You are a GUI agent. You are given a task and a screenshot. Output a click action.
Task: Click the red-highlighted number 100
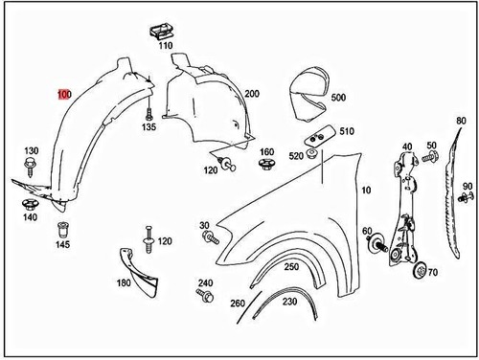[63, 94]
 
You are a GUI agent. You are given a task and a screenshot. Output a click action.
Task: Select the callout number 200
[252, 94]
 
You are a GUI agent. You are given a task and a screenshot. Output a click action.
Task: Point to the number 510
[346, 131]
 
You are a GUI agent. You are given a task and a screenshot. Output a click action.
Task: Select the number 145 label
[62, 245]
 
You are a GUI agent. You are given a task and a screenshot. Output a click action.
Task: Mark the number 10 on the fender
[364, 191]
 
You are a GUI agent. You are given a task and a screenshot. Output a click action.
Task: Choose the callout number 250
[291, 266]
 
